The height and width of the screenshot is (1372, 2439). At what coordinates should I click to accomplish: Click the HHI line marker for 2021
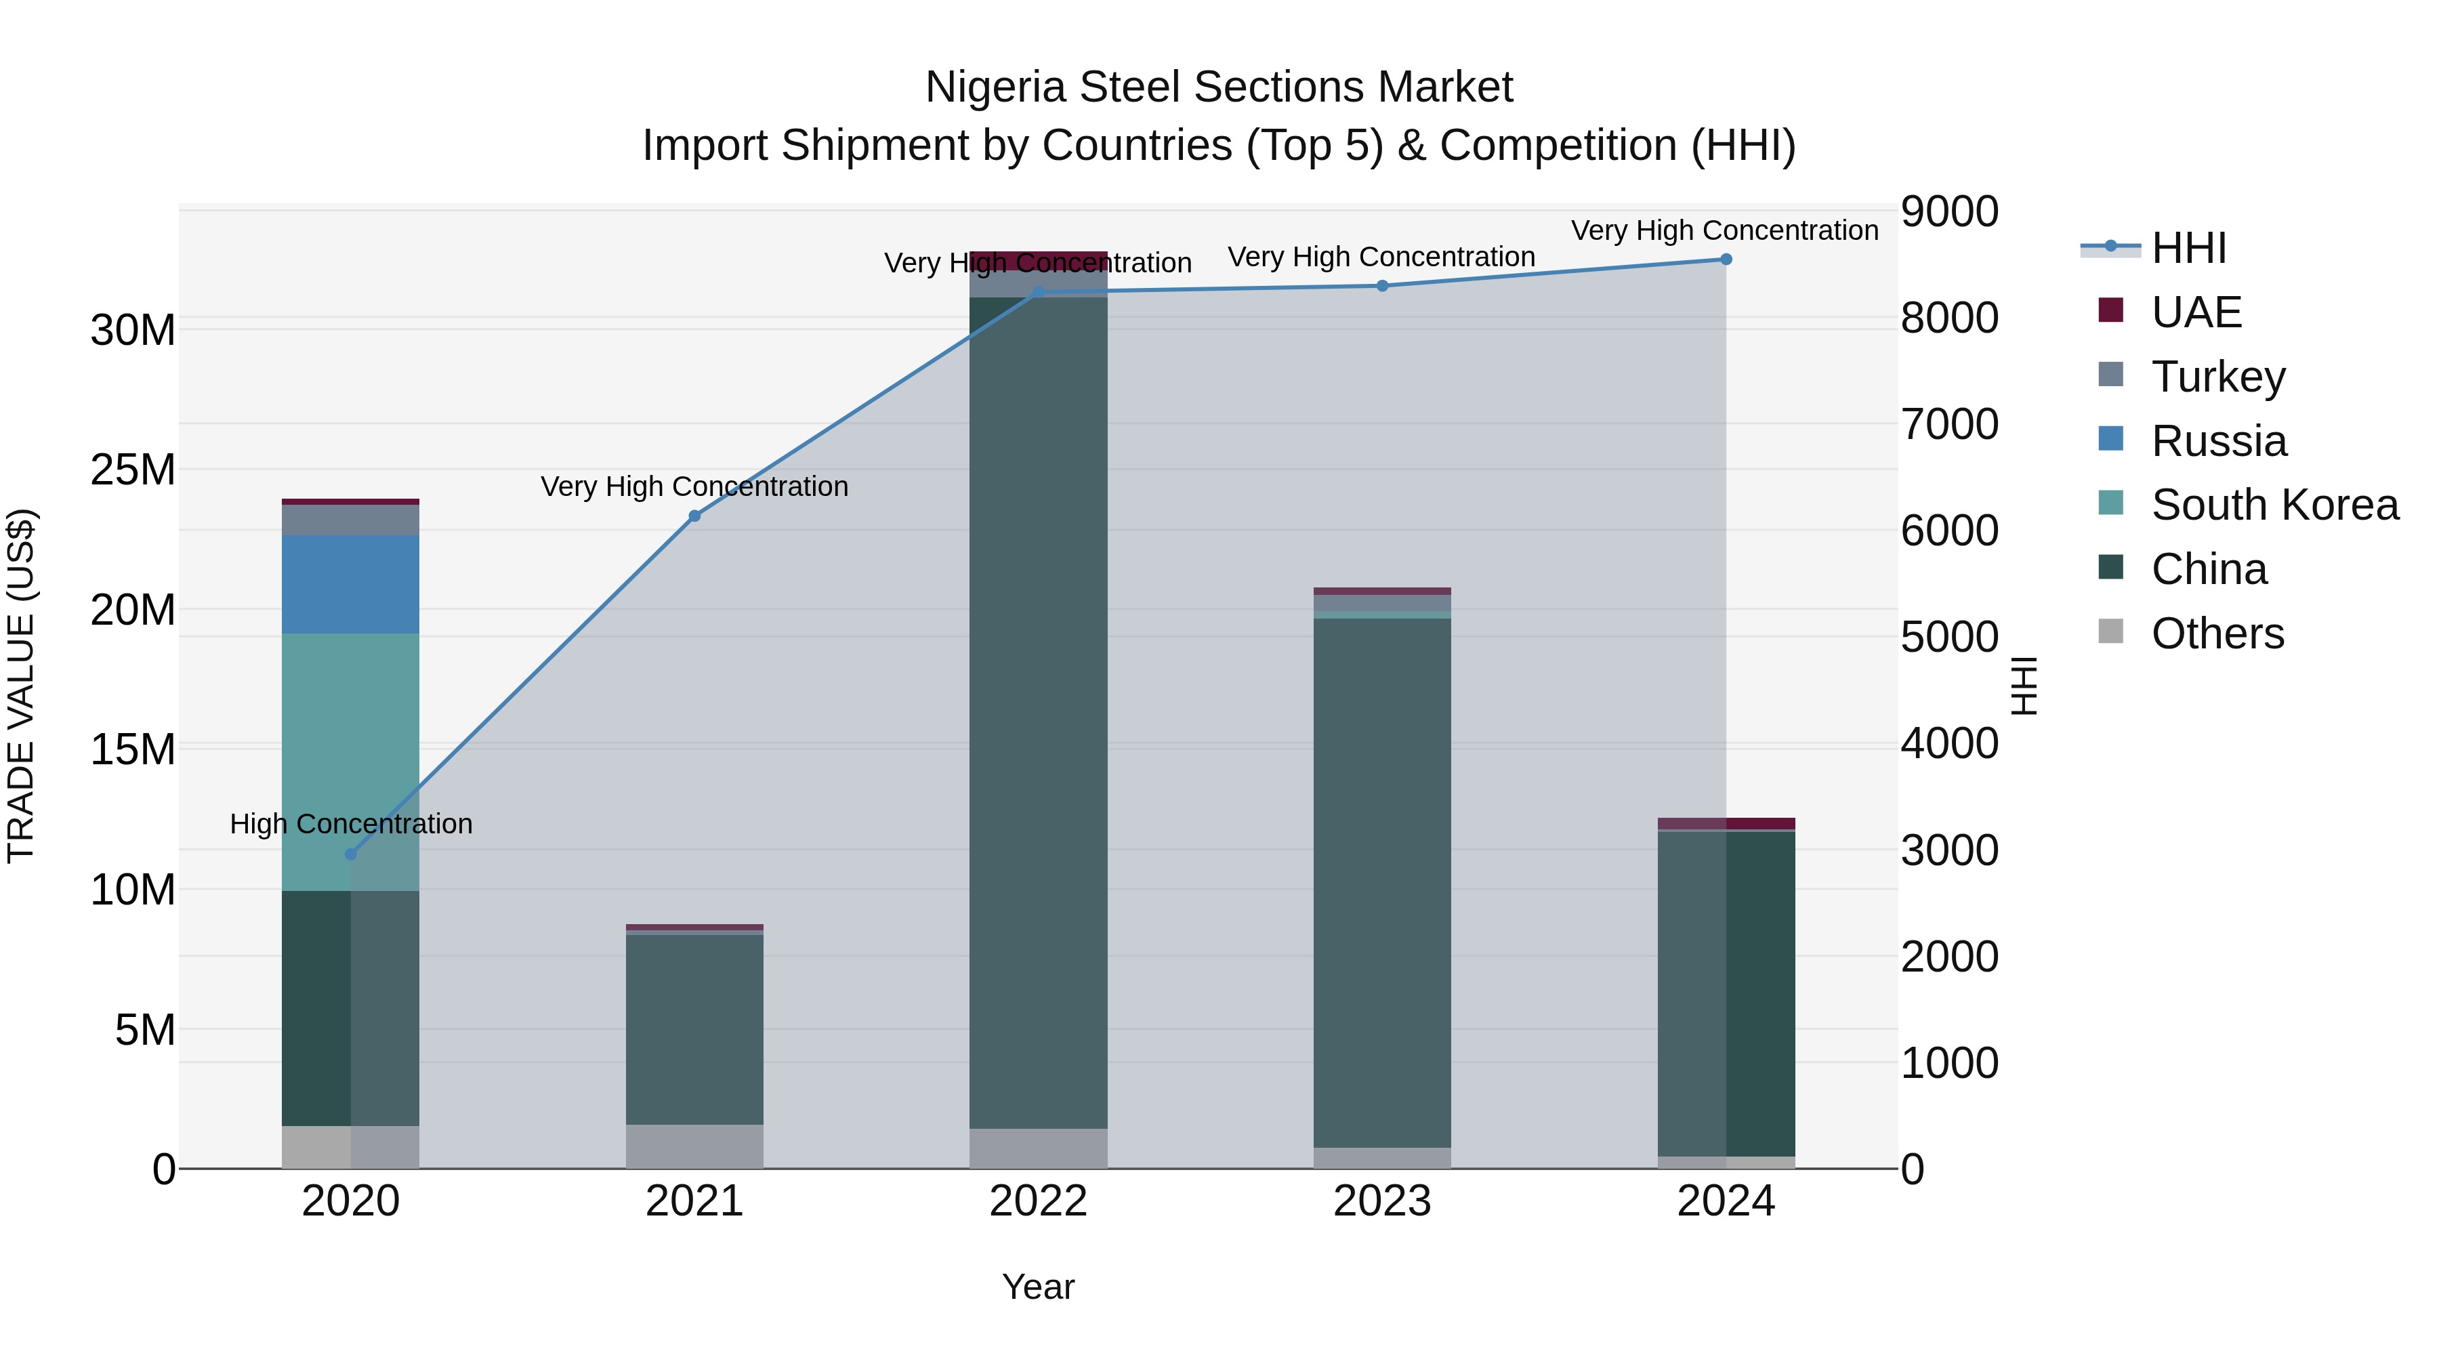pyautogui.click(x=694, y=516)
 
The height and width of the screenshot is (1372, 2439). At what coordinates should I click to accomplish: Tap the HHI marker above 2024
pyautogui.click(x=1725, y=259)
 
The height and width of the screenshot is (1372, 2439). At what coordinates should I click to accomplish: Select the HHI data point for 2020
pyautogui.click(x=350, y=854)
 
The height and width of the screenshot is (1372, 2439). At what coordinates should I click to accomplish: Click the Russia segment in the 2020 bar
pyautogui.click(x=350, y=584)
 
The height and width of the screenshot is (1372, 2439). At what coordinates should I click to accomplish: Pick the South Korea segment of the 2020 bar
pyautogui.click(x=350, y=762)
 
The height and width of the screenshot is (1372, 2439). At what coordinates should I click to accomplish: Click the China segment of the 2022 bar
pyautogui.click(x=1038, y=710)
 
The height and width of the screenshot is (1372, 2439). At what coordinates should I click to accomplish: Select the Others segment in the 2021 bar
pyautogui.click(x=694, y=1146)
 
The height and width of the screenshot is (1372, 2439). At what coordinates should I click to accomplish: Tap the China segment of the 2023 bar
pyautogui.click(x=1381, y=881)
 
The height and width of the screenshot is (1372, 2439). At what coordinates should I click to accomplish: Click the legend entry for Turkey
pyautogui.click(x=2217, y=376)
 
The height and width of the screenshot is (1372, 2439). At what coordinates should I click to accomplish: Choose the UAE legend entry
pyautogui.click(x=2196, y=312)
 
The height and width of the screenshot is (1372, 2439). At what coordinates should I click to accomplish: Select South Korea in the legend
pyautogui.click(x=2274, y=505)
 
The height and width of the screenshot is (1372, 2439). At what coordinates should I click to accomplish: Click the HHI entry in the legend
pyautogui.click(x=2188, y=248)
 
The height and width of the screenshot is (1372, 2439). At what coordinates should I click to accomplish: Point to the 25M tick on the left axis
pyautogui.click(x=133, y=470)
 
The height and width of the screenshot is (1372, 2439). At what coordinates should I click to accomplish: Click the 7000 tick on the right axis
pyautogui.click(x=1948, y=423)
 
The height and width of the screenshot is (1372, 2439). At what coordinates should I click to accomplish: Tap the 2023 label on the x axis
pyautogui.click(x=1381, y=1201)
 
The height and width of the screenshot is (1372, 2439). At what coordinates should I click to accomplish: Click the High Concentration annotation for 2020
pyautogui.click(x=351, y=824)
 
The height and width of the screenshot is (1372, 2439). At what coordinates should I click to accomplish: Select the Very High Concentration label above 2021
pyautogui.click(x=694, y=486)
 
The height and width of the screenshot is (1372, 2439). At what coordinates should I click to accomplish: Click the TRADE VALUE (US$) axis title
pyautogui.click(x=21, y=686)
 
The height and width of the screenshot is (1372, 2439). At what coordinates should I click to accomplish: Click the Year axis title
pyautogui.click(x=1038, y=1287)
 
